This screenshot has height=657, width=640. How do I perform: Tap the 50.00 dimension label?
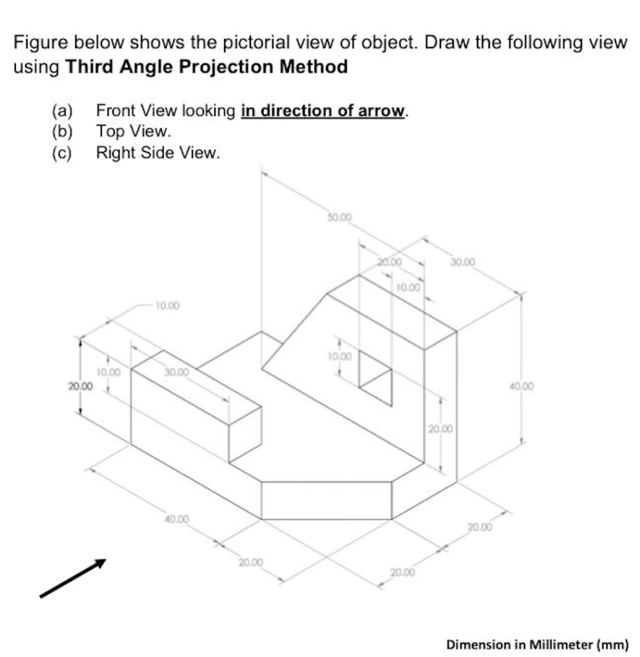tap(340, 218)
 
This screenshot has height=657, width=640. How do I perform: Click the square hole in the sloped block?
tap(375, 379)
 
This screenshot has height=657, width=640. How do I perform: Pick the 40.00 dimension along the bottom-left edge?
tap(177, 518)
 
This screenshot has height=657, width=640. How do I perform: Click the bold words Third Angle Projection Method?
tap(207, 66)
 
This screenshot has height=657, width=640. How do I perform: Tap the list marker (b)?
tap(62, 132)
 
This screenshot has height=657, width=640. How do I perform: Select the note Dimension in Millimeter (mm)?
tap(537, 644)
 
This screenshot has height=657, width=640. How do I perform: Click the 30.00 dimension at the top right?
tap(463, 262)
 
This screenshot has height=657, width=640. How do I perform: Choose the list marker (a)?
tap(62, 111)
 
